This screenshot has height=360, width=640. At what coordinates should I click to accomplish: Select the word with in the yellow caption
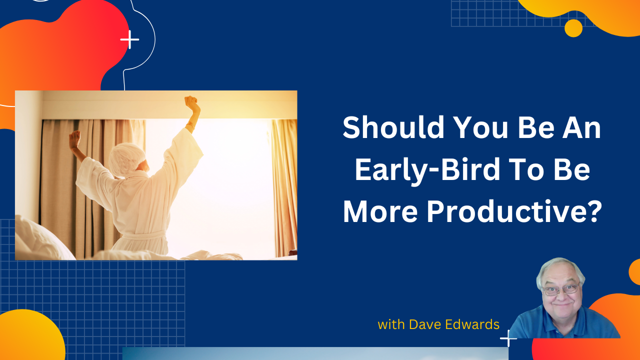point(391,324)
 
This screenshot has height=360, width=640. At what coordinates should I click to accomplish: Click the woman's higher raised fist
point(191,104)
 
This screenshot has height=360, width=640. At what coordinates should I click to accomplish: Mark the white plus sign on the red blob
point(129,39)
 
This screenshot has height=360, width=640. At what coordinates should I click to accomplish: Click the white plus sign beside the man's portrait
point(508,338)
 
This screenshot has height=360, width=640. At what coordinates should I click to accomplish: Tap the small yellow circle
point(573,28)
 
